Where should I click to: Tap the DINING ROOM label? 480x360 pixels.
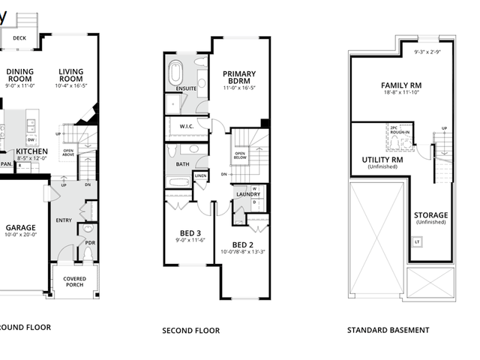tap(20, 76)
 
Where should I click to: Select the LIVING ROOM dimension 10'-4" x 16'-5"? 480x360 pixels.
tap(71, 86)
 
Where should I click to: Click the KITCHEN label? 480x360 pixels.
tap(31, 151)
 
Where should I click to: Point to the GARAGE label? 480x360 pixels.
tap(21, 227)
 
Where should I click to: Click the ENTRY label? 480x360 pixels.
tap(64, 220)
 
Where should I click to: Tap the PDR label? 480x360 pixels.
tap(90, 243)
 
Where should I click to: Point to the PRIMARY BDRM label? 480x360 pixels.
tap(239, 78)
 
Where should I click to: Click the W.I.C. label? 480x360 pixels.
tap(187, 127)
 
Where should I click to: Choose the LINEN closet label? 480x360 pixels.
tap(200, 177)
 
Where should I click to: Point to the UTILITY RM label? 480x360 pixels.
tap(382, 160)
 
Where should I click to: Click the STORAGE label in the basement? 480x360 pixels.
tap(430, 215)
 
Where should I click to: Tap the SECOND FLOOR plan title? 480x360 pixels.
tap(190, 330)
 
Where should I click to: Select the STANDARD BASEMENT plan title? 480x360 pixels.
tap(388, 330)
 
